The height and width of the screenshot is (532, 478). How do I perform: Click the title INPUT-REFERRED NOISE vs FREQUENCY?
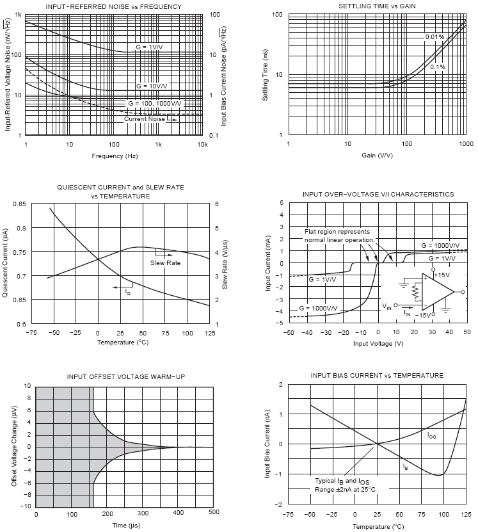tap(114, 7)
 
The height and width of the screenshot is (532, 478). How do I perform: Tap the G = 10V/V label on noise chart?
tap(151, 86)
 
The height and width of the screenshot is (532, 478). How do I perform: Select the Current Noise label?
tap(145, 119)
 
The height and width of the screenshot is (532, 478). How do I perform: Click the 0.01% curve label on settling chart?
tap(434, 37)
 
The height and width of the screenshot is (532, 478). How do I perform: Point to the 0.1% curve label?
tap(438, 67)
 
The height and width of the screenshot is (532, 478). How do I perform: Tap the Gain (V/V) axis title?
tap(377, 156)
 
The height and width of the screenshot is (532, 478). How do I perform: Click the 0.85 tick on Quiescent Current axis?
tap(19, 204)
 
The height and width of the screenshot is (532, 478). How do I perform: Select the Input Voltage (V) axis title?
tap(378, 343)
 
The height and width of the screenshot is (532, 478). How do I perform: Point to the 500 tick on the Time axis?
tap(214, 513)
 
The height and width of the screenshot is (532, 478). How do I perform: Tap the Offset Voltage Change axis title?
tap(14, 446)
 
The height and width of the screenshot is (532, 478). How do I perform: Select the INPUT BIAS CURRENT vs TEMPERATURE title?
tap(377, 375)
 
